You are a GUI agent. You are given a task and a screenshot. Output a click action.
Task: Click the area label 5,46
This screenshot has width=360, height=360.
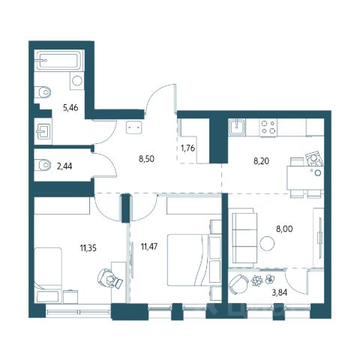pos(70,108)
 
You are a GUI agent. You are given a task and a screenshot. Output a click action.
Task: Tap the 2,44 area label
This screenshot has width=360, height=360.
pos(64,166)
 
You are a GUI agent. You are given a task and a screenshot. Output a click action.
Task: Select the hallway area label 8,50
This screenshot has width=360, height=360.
pos(146,158)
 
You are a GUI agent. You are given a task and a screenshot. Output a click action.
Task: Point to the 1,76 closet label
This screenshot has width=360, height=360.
pos(187,148)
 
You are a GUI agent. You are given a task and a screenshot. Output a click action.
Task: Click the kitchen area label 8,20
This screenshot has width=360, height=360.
pos(261,161)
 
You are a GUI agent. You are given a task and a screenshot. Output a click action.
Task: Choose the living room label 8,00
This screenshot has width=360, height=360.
pos(284,229)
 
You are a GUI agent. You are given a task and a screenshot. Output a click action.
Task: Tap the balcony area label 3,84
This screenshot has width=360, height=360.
pos(280,292)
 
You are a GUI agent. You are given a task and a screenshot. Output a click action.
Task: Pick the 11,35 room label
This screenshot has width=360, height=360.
pos(88,248)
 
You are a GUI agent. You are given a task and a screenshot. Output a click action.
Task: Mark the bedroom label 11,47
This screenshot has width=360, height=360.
pos(149,247)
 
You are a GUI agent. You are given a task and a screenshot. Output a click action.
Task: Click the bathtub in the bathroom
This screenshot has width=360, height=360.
pos(59,60)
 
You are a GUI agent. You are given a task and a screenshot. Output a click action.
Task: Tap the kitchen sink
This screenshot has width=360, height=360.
pos(236,127)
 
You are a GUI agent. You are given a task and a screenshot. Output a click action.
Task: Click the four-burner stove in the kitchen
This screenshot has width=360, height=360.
pos(268,127)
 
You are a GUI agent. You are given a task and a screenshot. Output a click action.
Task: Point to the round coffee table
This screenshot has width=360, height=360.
pos(267,243)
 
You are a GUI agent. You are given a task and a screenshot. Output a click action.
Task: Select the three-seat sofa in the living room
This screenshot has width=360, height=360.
pos(244,238)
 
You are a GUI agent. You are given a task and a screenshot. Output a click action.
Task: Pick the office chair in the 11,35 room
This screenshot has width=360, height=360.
pos(109,280)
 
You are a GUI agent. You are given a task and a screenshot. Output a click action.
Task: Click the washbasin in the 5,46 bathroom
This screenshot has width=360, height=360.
pos(43,131)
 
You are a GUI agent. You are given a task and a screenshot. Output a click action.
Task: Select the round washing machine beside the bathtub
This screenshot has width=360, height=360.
pos(76,80)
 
